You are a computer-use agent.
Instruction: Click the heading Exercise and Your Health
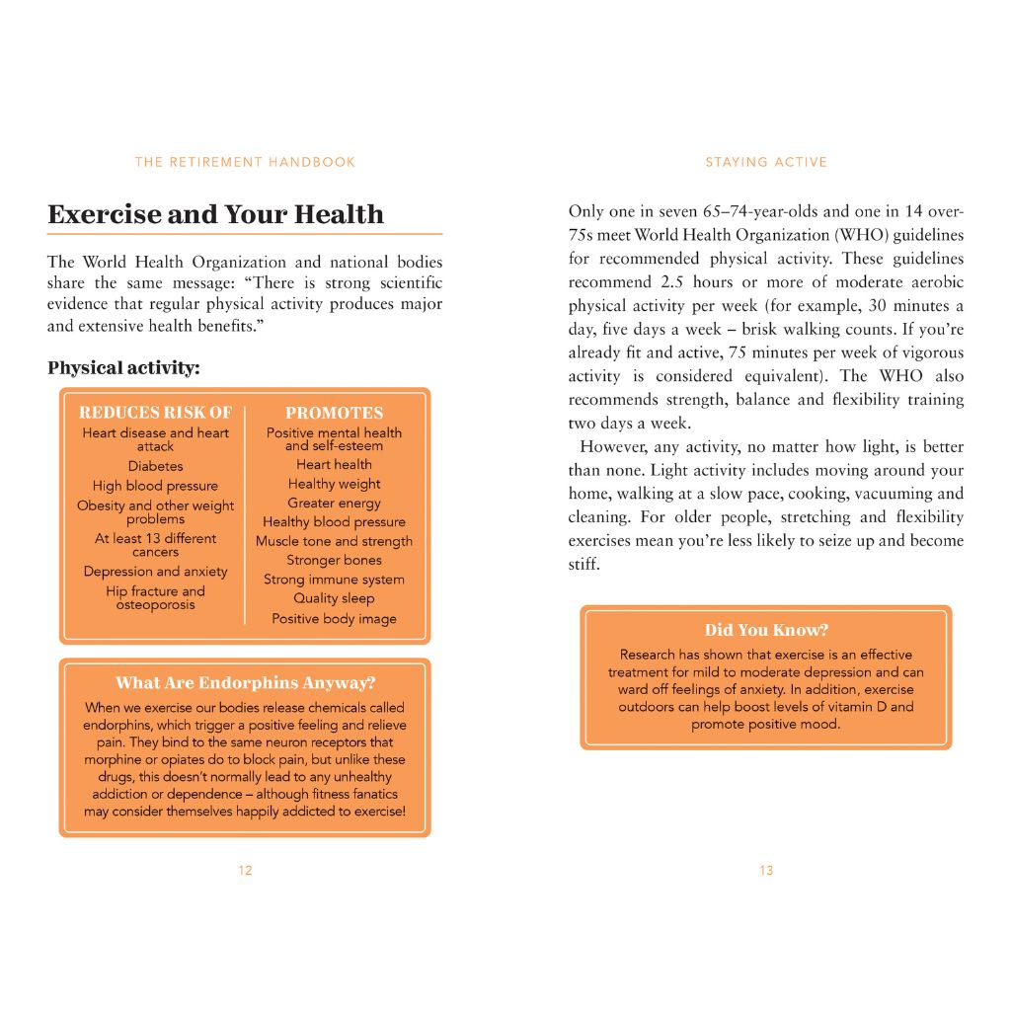[x=215, y=214]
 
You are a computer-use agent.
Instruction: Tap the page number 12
[x=245, y=871]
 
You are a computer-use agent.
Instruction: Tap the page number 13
[x=766, y=871]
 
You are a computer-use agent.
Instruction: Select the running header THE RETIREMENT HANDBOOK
[x=245, y=162]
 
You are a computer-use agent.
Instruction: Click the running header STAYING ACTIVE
[x=766, y=162]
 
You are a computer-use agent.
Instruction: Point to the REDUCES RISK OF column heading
[x=155, y=413]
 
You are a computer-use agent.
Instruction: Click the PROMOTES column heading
[x=334, y=413]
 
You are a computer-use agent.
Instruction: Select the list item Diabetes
[x=155, y=466]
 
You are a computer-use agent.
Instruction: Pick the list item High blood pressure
[x=155, y=486]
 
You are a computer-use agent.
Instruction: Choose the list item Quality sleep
[x=334, y=598]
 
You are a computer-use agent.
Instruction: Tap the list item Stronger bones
[x=334, y=561]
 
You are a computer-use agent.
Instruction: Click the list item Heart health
[x=334, y=465]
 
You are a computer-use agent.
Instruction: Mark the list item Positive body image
[x=334, y=619]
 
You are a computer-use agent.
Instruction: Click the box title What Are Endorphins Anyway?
[x=245, y=682]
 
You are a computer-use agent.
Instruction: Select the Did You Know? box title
[x=766, y=630]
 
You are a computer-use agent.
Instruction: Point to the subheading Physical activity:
[x=123, y=368]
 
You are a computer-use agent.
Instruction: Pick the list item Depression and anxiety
[x=155, y=572]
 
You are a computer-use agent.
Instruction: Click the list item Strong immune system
[x=334, y=580]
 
